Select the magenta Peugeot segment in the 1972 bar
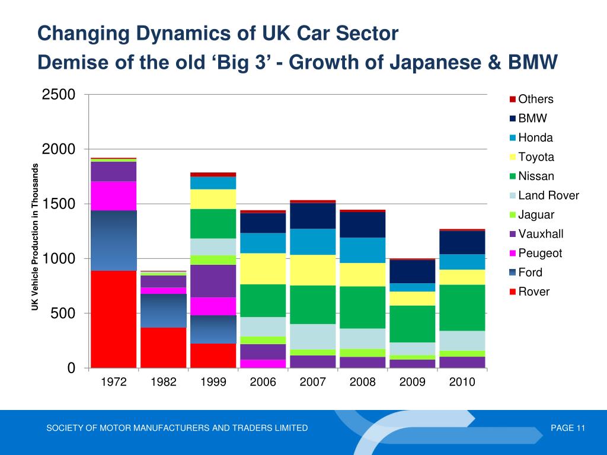click(114, 196)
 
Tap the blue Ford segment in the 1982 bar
click(164, 310)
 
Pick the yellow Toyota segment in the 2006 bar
click(263, 268)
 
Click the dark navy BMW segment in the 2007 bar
click(313, 216)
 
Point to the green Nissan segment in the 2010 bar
click(462, 307)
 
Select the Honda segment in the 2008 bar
click(363, 250)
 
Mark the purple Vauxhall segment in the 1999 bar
click(213, 281)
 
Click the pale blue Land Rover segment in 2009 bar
click(412, 348)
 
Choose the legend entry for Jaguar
click(536, 214)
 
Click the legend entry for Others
click(535, 100)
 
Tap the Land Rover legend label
click(548, 196)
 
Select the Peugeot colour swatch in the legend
click(513, 254)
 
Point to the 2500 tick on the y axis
click(58, 95)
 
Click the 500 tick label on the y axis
click(63, 313)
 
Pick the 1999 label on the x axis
click(213, 382)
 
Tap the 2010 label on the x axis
click(462, 382)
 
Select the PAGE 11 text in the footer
click(568, 428)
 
